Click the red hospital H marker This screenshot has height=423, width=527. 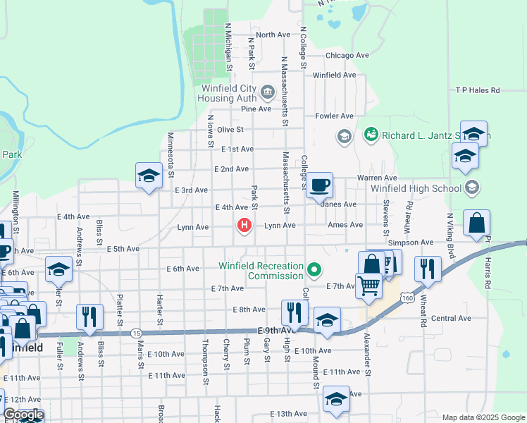244,226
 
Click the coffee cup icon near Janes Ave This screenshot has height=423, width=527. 319,185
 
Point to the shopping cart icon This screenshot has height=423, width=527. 368,286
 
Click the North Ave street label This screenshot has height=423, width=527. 273,35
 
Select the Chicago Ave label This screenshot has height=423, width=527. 347,55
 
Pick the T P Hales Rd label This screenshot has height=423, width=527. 477,90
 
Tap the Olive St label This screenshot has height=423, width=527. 230,130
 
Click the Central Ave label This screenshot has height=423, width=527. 451,318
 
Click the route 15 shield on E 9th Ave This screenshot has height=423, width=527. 137,333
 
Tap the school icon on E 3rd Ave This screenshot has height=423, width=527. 149,176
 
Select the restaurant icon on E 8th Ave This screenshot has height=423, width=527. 294,312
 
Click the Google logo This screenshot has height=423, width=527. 23,415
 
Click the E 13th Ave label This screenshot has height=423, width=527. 289,414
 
